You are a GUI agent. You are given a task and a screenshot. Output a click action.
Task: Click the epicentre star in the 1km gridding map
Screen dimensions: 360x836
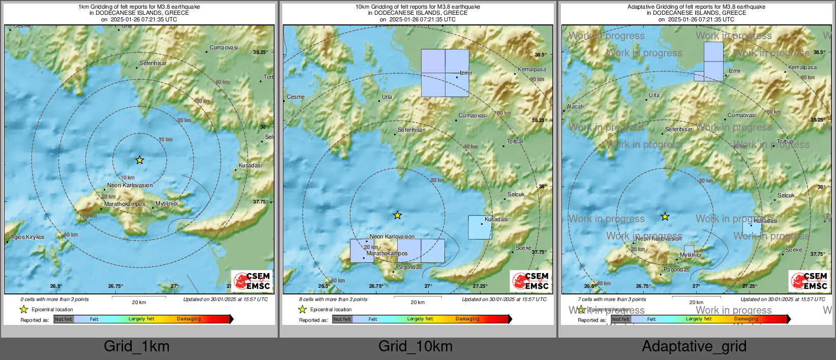click(x=139, y=160)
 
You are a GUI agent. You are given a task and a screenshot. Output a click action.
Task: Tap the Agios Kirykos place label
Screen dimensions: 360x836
click(x=27, y=237)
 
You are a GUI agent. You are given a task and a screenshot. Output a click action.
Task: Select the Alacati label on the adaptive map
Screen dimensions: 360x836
click(x=575, y=106)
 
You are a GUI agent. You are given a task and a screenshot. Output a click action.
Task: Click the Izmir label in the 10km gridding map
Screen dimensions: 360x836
click(x=466, y=73)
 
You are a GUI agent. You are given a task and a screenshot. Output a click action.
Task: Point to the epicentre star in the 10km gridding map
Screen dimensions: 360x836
click(x=398, y=216)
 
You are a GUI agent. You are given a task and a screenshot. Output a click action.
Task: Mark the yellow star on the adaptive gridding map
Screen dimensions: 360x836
click(x=665, y=217)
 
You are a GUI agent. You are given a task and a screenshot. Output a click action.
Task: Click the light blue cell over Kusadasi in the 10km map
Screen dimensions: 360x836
click(x=480, y=227)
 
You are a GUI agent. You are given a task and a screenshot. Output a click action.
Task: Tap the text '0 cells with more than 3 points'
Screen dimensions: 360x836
click(x=54, y=299)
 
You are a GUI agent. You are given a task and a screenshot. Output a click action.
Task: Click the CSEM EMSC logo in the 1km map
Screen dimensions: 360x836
click(x=252, y=281)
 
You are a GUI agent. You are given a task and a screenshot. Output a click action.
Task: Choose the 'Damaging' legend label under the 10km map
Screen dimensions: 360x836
click(x=467, y=319)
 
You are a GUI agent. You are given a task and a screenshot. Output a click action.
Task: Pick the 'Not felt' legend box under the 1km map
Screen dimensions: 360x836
click(x=64, y=319)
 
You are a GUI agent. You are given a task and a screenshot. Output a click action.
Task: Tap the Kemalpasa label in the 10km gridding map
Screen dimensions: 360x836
click(x=532, y=69)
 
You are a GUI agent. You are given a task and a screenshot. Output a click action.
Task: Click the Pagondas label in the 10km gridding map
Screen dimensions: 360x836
click(x=409, y=267)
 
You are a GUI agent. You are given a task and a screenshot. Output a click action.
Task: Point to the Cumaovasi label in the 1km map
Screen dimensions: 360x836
click(x=224, y=47)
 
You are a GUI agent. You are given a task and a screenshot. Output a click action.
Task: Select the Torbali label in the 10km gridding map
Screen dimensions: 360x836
click(x=515, y=141)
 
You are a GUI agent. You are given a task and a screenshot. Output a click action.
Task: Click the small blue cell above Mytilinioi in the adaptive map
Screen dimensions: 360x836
click(x=689, y=249)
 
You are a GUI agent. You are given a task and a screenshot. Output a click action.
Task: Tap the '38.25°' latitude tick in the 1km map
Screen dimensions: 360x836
click(x=260, y=52)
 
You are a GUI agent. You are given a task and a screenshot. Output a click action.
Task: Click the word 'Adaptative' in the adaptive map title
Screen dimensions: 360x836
click(x=641, y=7)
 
